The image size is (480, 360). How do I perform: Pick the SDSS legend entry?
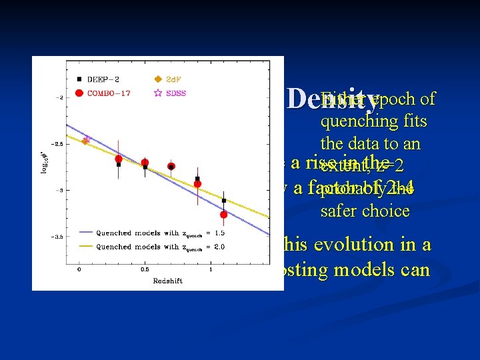click(x=175, y=92)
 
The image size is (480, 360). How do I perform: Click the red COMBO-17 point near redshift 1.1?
click(x=223, y=214)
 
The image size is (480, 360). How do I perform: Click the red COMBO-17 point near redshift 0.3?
click(x=119, y=159)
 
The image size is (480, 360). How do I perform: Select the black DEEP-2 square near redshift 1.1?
click(x=223, y=200)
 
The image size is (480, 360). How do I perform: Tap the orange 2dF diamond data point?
click(x=85, y=141)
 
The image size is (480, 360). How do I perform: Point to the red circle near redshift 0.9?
click(x=197, y=183)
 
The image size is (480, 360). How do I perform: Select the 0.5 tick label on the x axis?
click(x=145, y=269)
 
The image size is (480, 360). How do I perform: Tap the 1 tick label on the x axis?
click(x=211, y=269)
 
